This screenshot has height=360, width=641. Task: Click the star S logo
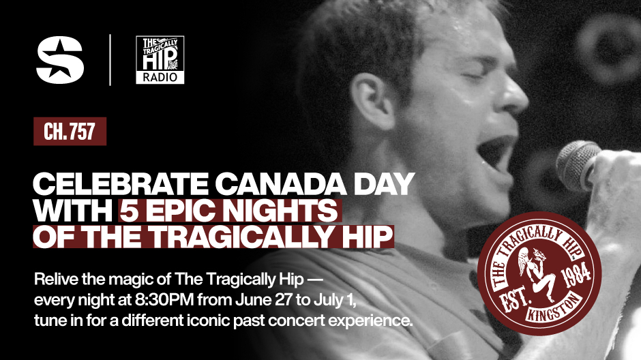(x=60, y=60)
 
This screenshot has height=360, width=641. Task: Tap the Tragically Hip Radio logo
(x=160, y=60)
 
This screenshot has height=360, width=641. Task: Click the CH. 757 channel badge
(x=70, y=131)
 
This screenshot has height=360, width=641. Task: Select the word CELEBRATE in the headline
(x=121, y=184)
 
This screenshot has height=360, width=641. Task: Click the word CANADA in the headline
(x=281, y=184)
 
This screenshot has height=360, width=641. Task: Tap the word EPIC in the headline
(x=180, y=211)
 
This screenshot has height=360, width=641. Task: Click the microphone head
(x=578, y=166)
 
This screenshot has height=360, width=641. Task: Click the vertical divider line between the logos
(x=110, y=60)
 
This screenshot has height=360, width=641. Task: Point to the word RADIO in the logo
(x=160, y=77)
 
